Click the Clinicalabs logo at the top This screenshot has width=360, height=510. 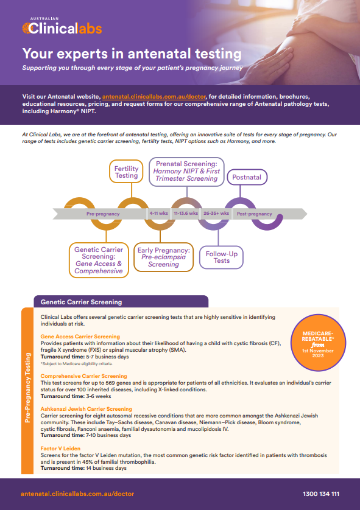[x=62, y=26]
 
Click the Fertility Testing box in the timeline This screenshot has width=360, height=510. [x=126, y=172]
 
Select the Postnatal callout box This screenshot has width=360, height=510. [x=247, y=177]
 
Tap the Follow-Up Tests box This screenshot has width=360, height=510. [x=221, y=257]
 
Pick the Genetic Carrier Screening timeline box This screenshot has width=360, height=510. [x=99, y=260]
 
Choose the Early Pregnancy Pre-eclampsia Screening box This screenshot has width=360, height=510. [x=163, y=257]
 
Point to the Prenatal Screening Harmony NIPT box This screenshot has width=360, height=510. [x=186, y=172]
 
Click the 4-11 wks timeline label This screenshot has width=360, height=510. [x=158, y=214]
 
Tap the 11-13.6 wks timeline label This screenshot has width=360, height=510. [x=186, y=214]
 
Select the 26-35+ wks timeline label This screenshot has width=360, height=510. [x=216, y=214]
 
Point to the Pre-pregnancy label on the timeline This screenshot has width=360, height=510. [x=103, y=214]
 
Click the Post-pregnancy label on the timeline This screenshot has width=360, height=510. [x=254, y=214]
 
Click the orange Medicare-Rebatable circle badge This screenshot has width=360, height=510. [x=318, y=343]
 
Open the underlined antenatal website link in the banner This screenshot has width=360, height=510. [x=154, y=97]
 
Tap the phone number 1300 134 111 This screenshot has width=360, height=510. [x=321, y=494]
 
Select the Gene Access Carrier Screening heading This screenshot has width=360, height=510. [x=80, y=337]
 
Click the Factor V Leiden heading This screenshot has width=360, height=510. [x=60, y=449]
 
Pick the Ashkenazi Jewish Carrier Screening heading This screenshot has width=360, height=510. [x=86, y=409]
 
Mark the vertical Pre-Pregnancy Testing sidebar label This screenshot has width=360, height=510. [x=27, y=388]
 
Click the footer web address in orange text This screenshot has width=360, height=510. [x=77, y=494]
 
